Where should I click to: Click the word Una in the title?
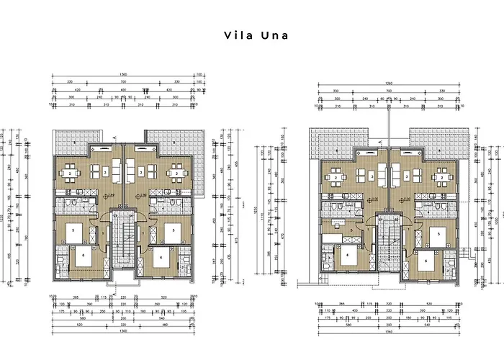[271, 35]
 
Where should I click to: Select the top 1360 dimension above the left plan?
[125, 75]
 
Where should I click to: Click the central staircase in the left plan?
[125, 248]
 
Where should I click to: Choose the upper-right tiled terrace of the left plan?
[177, 138]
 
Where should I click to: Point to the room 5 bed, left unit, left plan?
[75, 232]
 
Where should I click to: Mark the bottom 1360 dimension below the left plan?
[125, 333]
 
